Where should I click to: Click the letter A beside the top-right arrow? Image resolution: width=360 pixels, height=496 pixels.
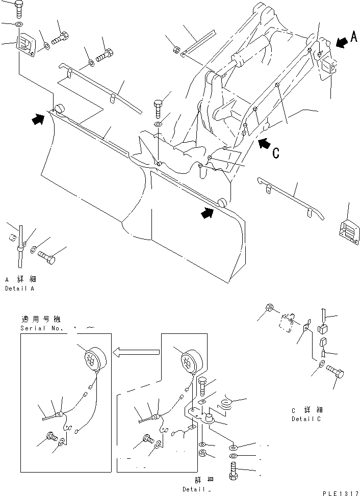coord(354,37)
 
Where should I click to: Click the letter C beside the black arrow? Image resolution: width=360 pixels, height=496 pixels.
coord(276,153)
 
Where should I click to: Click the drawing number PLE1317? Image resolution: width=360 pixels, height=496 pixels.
coord(340,492)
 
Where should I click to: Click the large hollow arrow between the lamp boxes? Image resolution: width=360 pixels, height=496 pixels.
coord(136,351)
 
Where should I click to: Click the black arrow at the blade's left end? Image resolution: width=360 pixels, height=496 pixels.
coord(38,119)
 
